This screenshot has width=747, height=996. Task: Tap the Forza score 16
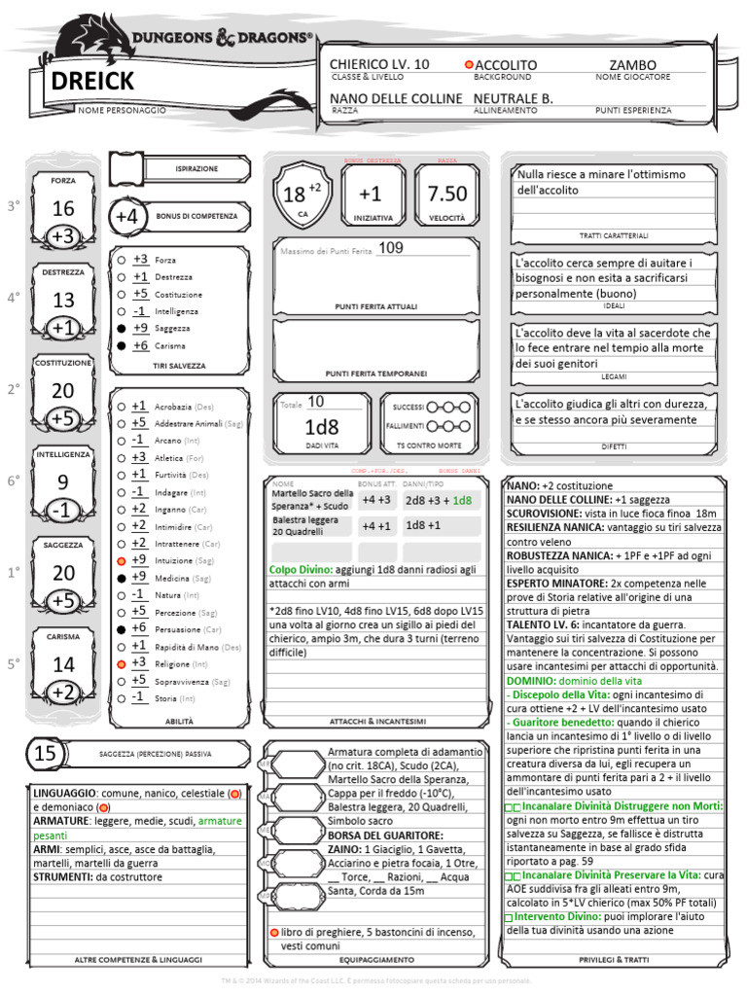(x=63, y=208)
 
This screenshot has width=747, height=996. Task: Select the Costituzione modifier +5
(x=63, y=419)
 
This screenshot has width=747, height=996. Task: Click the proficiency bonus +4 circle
(x=127, y=216)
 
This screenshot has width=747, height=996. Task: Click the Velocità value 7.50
(x=446, y=194)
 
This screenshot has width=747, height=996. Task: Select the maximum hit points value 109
(x=390, y=248)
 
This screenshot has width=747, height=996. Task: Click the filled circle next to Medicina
(x=121, y=578)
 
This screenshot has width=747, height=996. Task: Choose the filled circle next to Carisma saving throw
(x=121, y=345)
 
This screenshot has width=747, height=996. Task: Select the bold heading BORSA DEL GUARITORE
(x=386, y=835)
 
